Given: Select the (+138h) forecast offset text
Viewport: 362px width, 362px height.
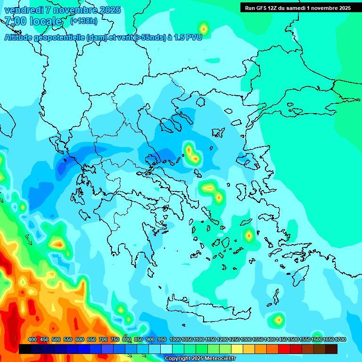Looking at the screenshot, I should (83, 21).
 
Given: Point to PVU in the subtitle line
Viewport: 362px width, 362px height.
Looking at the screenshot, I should (194, 37).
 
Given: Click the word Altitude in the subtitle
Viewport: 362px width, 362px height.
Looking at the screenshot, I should (22, 37).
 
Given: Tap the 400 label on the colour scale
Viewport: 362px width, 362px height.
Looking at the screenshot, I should (33, 339).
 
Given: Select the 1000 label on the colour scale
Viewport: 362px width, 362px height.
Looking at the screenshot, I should (175, 339).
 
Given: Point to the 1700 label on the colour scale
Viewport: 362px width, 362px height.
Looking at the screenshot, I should (340, 339).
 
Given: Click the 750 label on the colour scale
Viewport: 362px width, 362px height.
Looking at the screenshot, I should (115, 339).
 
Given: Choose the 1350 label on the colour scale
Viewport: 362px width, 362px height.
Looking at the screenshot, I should (258, 339).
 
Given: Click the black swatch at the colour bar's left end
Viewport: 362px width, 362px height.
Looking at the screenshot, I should (25, 349).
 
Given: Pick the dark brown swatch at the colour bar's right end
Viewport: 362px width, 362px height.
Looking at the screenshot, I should (331, 349).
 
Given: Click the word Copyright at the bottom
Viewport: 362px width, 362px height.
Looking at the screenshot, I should (178, 359).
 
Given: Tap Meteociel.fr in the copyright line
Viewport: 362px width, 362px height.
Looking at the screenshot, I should (219, 359).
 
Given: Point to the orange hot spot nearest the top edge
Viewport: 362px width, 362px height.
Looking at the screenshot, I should (203, 28).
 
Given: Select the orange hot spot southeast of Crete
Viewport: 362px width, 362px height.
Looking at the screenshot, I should (279, 320).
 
